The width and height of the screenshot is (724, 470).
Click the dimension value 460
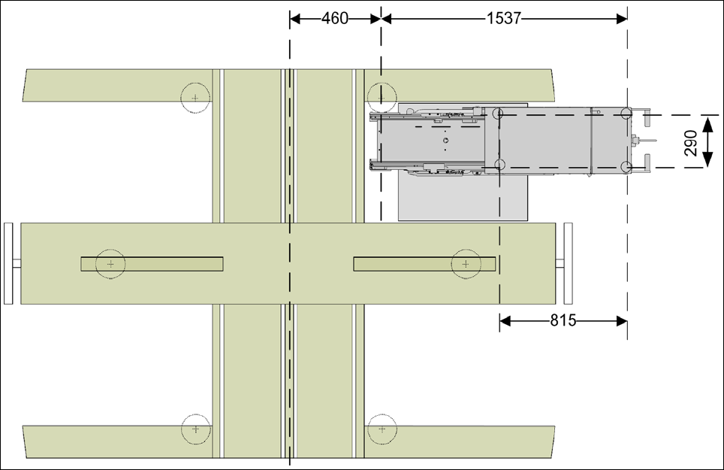pyautogui.click(x=335, y=19)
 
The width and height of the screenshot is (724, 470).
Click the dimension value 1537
pyautogui.click(x=504, y=19)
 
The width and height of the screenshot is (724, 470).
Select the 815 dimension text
pyautogui.click(x=563, y=320)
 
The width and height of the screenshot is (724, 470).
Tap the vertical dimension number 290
pyautogui.click(x=691, y=144)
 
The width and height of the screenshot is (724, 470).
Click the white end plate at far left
pyautogui.click(x=8, y=263)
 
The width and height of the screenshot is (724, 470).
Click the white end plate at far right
pyautogui.click(x=569, y=263)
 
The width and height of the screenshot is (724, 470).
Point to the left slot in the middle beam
pyautogui.click(x=152, y=264)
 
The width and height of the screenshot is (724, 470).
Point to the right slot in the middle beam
pyautogui.click(x=425, y=264)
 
